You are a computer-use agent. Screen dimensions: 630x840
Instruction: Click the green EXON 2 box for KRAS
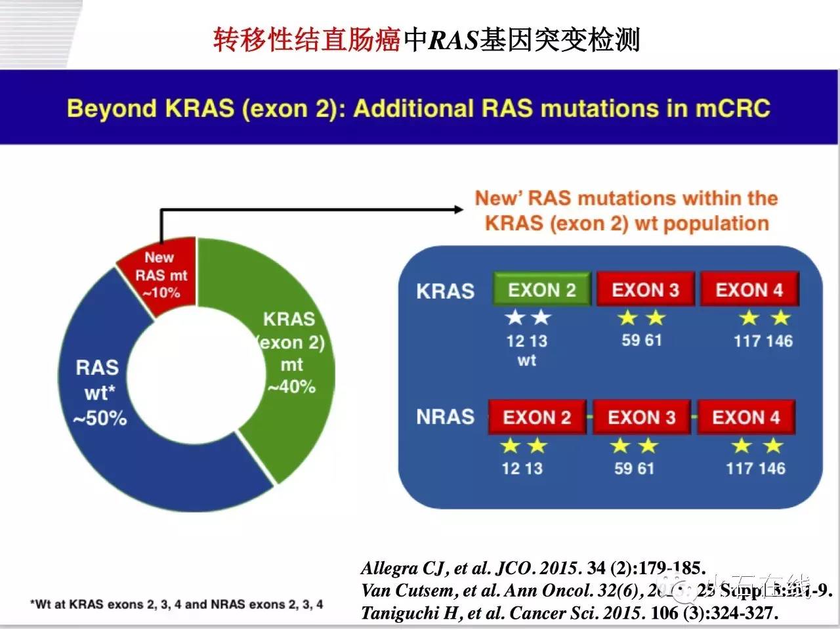point(542,289)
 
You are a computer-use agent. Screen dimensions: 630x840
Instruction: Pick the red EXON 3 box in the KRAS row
point(645,289)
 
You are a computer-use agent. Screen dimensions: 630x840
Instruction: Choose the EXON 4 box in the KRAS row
point(749,289)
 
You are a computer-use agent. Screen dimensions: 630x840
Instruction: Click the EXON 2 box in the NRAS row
point(537,417)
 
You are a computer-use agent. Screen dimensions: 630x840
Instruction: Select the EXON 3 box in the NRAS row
point(641,417)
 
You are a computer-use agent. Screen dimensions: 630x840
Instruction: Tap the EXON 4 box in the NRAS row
point(745,417)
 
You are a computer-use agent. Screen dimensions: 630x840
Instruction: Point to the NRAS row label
point(445,417)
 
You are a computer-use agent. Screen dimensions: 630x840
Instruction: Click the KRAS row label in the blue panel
point(445,291)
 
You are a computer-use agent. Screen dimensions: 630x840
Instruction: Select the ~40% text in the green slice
point(291,387)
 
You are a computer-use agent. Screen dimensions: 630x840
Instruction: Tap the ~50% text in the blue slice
point(100,418)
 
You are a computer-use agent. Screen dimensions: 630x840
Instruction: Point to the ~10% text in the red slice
point(161,293)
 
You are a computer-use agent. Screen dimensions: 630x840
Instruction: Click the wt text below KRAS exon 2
point(526,360)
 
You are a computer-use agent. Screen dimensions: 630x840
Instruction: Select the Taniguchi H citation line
point(569,613)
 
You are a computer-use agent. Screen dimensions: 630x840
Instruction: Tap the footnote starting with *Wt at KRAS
point(177,604)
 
